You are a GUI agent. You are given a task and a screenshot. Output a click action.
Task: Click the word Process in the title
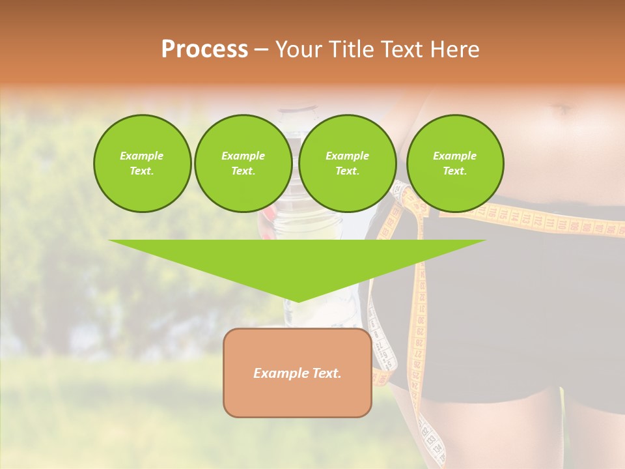tap(204, 50)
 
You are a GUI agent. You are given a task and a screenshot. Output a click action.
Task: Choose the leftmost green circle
tap(142, 163)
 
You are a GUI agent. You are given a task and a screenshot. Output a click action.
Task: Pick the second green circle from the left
tap(243, 163)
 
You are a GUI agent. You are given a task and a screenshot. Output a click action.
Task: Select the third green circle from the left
tap(347, 163)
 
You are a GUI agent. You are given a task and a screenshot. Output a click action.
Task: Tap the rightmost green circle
tap(454, 163)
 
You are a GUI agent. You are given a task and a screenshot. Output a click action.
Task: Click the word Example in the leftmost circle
tap(142, 156)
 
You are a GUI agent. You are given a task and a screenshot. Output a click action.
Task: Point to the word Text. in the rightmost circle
tap(454, 171)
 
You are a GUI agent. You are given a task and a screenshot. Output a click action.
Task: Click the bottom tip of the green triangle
tap(298, 300)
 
